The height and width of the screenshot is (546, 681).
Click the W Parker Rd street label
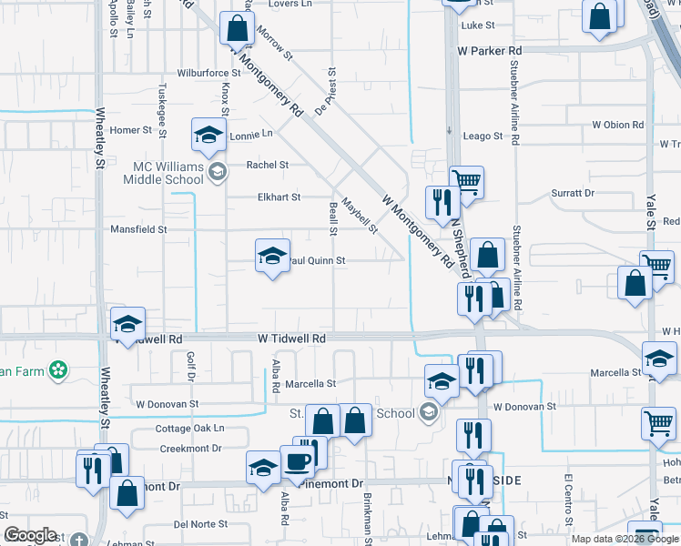point(490,51)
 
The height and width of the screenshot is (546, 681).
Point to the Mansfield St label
point(138,230)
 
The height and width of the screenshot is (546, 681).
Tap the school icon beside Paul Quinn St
point(271,258)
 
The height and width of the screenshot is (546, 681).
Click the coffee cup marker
point(297,461)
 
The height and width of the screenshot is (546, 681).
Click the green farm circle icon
point(59,369)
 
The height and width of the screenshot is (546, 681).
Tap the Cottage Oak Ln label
point(189,429)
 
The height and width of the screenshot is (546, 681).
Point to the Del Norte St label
point(200,524)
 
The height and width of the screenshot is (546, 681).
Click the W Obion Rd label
point(617,125)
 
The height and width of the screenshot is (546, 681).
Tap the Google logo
point(30,535)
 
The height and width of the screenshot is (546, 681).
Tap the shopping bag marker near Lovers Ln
point(237,29)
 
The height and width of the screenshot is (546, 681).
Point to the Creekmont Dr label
point(190,449)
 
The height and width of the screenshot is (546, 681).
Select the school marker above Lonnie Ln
point(208,136)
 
